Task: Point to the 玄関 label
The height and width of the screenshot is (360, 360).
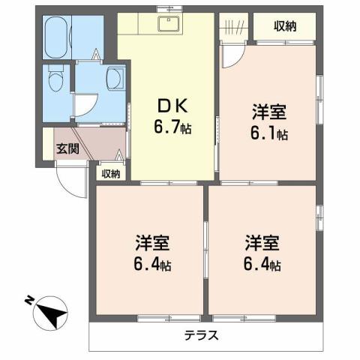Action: click(67, 148)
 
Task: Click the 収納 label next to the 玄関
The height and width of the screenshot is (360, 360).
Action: click(111, 174)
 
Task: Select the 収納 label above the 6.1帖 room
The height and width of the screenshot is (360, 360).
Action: click(284, 27)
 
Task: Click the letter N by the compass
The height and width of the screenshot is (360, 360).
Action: click(28, 301)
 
